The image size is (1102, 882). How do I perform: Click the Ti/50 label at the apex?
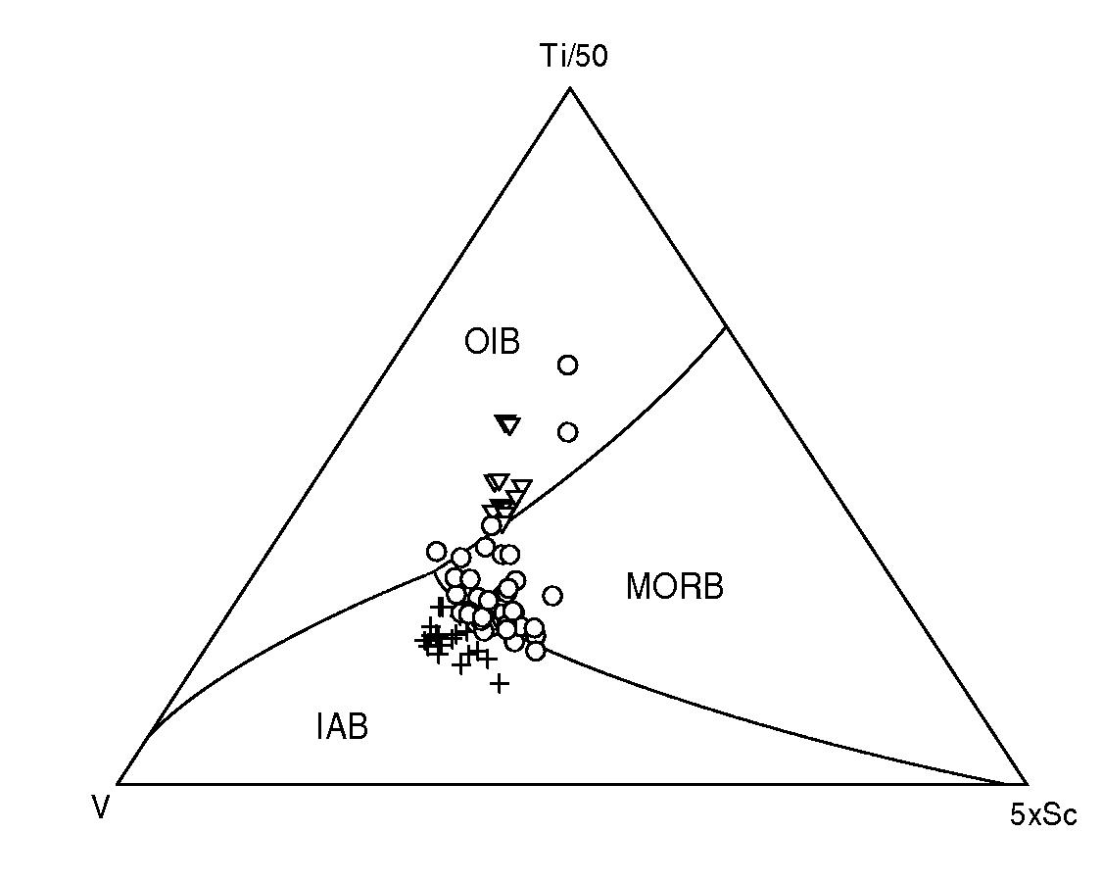575,57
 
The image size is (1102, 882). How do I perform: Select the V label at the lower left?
100,808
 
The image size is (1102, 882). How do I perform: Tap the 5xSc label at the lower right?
1043,815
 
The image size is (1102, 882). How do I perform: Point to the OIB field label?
492,342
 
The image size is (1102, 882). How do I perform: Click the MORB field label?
674,587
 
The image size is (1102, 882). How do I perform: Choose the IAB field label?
342,727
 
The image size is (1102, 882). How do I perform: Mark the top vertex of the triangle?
570,88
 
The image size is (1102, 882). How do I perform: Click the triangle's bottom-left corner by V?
118,784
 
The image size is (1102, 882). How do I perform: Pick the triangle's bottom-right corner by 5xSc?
1028,784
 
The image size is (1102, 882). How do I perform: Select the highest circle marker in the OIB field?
567,366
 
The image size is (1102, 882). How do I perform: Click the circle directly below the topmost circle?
567,432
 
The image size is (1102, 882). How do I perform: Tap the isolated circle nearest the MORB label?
552,595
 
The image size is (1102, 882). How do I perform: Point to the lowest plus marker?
500,683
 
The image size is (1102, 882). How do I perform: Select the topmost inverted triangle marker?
507,424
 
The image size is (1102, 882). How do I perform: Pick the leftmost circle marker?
436,551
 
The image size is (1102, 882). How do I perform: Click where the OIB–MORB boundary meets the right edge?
725,326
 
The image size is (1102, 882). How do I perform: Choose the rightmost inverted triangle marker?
521,487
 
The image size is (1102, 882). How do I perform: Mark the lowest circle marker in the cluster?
535,650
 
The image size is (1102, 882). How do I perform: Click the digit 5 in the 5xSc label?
1017,815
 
